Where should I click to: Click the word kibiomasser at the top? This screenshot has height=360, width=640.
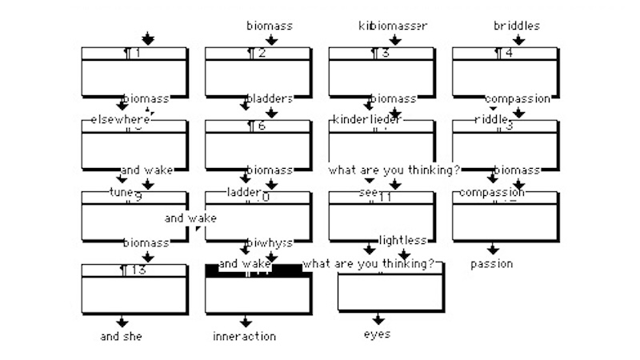click(x=392, y=26)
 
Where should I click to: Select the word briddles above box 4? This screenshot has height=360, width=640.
click(x=516, y=26)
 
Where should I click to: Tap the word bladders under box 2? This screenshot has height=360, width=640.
click(x=269, y=99)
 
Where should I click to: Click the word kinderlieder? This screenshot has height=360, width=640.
click(x=366, y=119)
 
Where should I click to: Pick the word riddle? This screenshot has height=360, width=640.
click(x=491, y=119)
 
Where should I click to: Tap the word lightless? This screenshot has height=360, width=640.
click(x=402, y=240)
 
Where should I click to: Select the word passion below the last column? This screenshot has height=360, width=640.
click(x=491, y=263)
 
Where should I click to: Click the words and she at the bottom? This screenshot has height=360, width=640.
click(x=121, y=337)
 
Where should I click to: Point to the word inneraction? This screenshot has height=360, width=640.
click(x=244, y=337)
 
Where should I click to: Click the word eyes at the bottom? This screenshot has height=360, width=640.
click(x=377, y=334)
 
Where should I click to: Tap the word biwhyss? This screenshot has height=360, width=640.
click(x=269, y=242)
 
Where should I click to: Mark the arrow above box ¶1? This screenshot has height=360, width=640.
click(x=146, y=39)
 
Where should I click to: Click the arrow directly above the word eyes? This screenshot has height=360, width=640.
click(x=378, y=319)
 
